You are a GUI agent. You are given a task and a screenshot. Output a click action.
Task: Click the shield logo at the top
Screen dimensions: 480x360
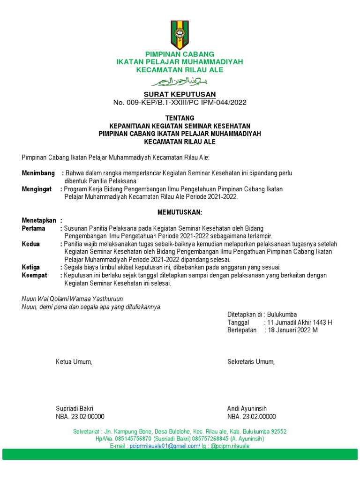point(180,35)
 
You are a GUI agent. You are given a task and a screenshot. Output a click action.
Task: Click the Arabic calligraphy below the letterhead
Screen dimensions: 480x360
point(180,82)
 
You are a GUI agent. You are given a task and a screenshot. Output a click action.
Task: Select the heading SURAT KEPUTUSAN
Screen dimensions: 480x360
point(180,95)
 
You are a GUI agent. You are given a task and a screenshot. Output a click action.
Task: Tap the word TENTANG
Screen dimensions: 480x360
point(180,118)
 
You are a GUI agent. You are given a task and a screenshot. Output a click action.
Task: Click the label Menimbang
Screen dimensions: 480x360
point(38,173)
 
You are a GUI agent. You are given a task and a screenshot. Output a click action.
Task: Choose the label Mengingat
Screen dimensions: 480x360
point(37,189)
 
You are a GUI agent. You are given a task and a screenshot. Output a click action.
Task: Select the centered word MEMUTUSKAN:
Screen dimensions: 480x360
point(180,212)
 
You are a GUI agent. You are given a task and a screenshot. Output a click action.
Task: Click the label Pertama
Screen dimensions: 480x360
point(34,228)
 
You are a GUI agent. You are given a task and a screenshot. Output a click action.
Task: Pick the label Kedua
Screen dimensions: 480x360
point(31,244)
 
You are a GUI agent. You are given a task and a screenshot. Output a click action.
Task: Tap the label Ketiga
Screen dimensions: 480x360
point(31,267)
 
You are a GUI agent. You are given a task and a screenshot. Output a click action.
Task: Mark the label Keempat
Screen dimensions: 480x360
point(35,275)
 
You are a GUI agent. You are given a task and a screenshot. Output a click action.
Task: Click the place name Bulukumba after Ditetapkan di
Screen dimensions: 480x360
point(282,315)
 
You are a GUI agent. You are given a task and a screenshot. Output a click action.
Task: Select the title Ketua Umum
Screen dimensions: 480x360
point(74,362)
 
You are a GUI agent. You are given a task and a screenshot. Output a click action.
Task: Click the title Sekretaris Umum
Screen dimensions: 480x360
point(251,362)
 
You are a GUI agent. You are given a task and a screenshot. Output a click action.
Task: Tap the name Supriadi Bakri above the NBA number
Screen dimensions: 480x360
point(75,409)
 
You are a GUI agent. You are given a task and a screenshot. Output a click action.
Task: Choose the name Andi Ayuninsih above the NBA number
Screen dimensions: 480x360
point(247,409)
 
